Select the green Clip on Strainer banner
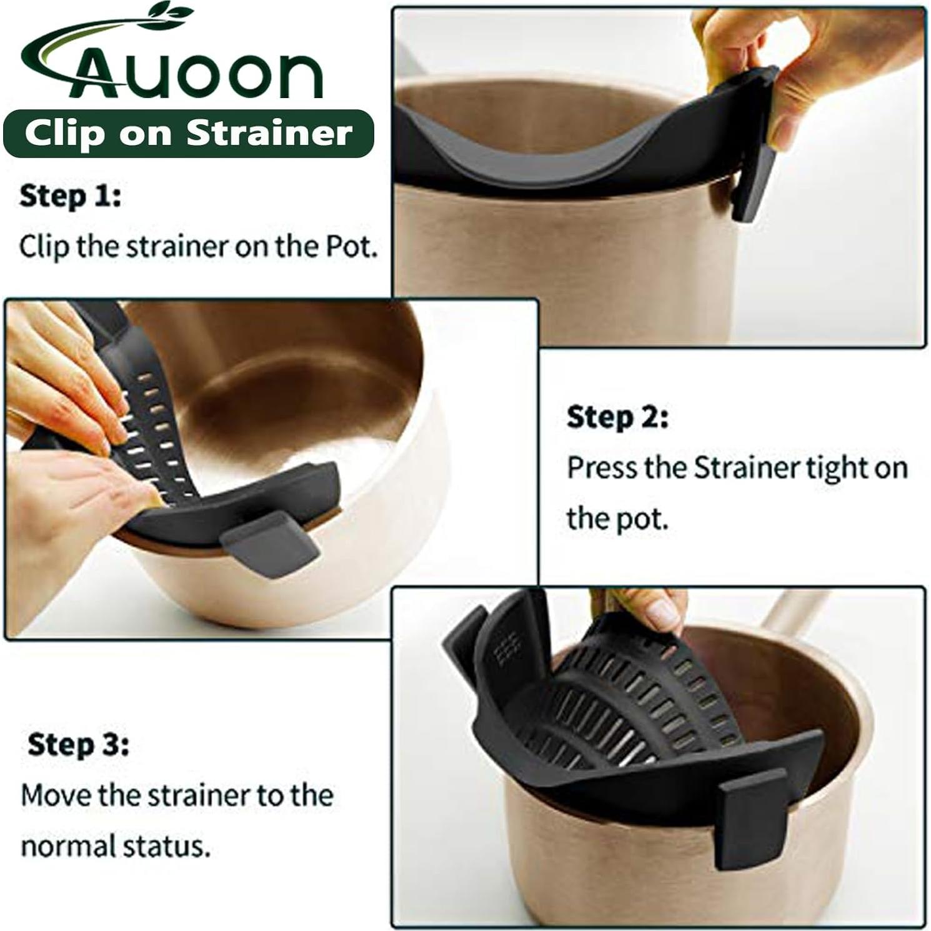[x=188, y=134]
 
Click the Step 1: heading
[x=70, y=196]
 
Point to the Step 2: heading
[x=617, y=417]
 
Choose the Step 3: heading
[x=78, y=744]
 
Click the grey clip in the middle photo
[x=270, y=541]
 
